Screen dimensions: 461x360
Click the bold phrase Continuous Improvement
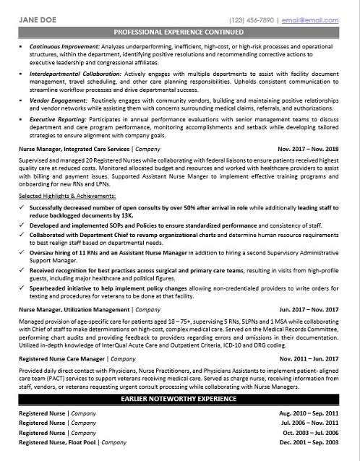[64, 46]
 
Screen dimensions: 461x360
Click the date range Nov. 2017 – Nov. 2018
[308, 149]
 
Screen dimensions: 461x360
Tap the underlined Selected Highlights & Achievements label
[67, 196]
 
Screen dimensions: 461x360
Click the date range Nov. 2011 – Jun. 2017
[309, 358]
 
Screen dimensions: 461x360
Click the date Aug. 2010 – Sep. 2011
[309, 413]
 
